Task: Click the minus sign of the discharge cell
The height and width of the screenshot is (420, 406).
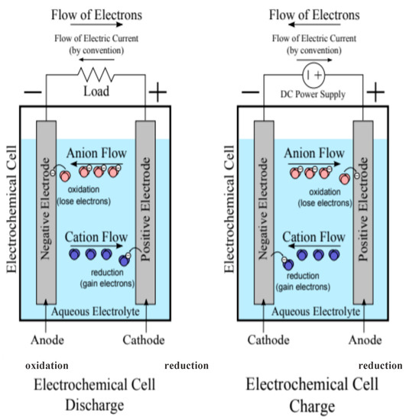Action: coord(34,92)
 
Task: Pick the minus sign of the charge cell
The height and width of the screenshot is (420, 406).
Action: coord(252,92)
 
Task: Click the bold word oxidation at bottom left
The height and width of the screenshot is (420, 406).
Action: coord(46,366)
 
